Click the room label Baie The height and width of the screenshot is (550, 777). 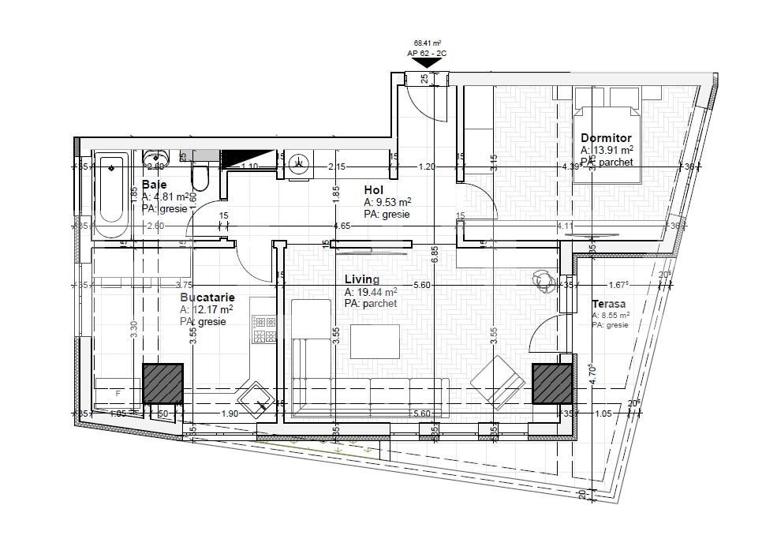(154, 185)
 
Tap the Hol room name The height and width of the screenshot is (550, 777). (374, 189)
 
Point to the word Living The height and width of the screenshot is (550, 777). (362, 279)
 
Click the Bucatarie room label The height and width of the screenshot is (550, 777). (207, 297)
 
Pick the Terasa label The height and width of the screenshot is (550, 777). (608, 304)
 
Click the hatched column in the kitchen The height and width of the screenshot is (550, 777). (162, 384)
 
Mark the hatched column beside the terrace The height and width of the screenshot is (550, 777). (552, 384)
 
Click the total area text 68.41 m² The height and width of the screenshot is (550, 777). (427, 43)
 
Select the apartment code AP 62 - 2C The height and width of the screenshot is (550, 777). (427, 53)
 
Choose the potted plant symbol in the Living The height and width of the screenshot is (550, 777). (544, 279)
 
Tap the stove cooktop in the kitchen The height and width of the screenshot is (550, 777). (261, 329)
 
